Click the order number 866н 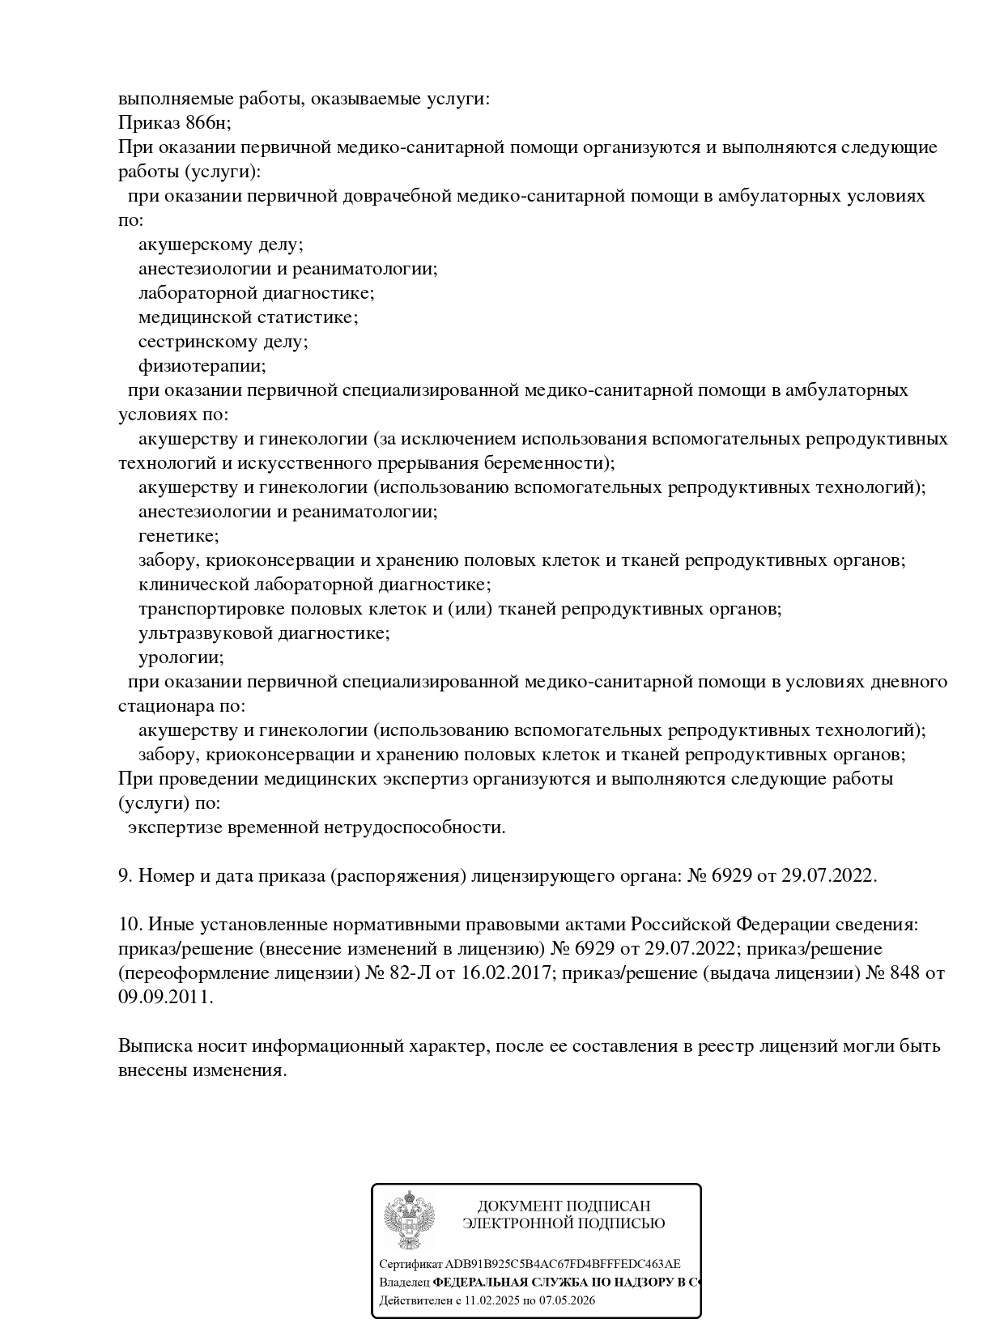click(x=208, y=123)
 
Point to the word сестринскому click(x=194, y=342)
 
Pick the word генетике click(x=178, y=536)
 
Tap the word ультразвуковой click(x=205, y=633)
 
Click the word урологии click(x=181, y=657)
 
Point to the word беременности click(x=551, y=463)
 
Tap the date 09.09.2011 click(x=165, y=997)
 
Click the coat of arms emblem click(x=409, y=1219)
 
